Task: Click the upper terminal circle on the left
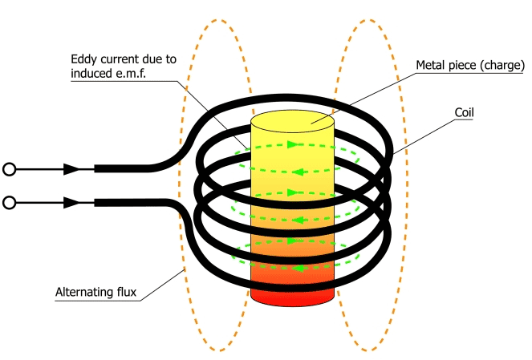pyautogui.click(x=10, y=169)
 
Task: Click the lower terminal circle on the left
pyautogui.click(x=10, y=203)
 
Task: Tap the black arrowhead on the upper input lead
pyautogui.click(x=71, y=169)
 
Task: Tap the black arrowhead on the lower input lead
pyautogui.click(x=71, y=203)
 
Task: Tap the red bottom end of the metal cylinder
pyautogui.click(x=292, y=294)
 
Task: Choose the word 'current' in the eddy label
pyautogui.click(x=122, y=60)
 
